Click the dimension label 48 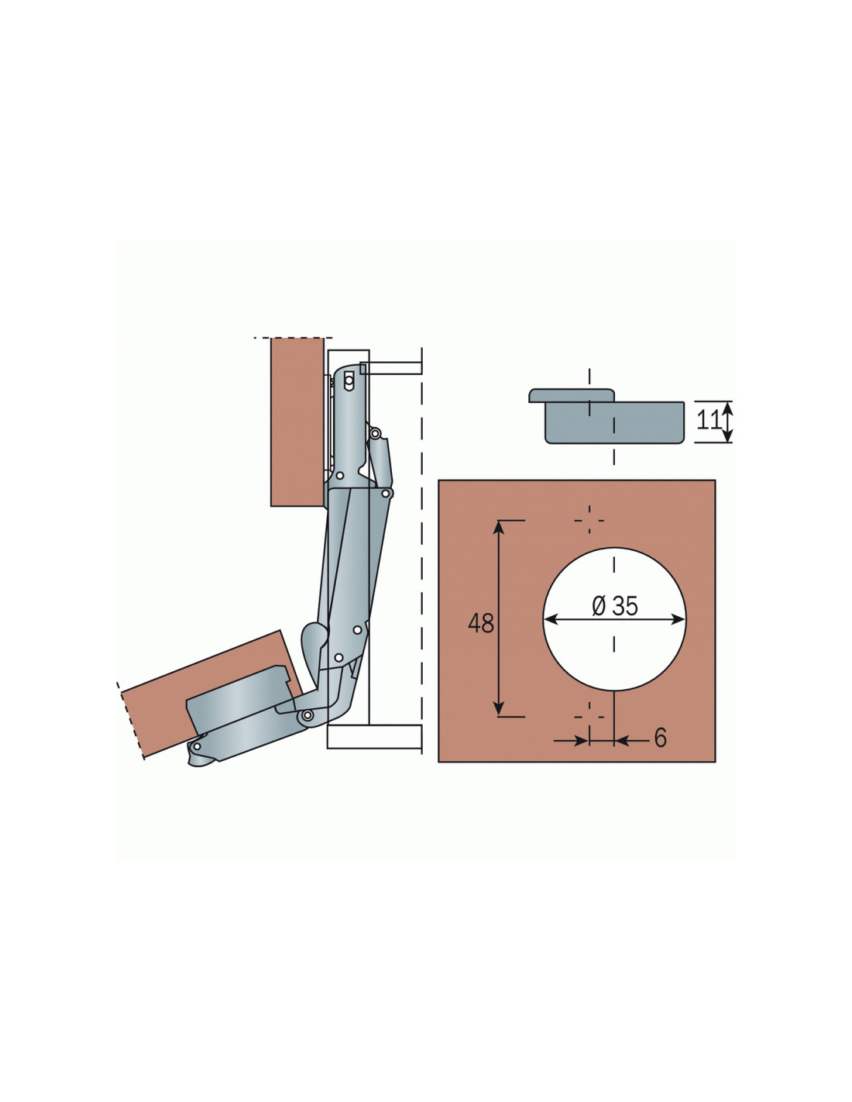480,623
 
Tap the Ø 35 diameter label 615,605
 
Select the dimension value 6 660,738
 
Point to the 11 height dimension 709,420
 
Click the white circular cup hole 614,618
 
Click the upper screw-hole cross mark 589,520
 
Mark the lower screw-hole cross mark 589,717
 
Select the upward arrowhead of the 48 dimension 499,528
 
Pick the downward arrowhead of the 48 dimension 499,709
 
